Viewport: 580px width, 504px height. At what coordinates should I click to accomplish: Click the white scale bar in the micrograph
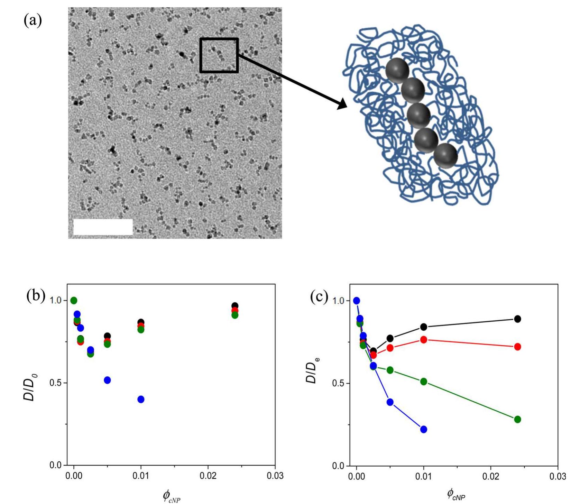pos(103,227)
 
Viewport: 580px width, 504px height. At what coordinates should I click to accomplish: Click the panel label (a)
pos(33,20)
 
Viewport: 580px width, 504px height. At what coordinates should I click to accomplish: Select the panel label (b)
pos(36,296)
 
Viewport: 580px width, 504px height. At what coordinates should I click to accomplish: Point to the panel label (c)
pos(319,296)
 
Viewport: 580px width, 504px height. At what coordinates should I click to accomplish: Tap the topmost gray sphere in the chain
pos(397,70)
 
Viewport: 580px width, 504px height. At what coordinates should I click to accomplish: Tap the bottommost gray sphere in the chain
pos(445,156)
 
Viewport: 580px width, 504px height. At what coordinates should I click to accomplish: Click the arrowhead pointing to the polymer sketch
pos(342,103)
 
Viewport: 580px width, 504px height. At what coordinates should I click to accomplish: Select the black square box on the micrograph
pos(219,55)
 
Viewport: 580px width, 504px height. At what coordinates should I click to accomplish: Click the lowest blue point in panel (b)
pos(141,399)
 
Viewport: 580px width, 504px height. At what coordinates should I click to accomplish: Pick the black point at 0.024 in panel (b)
pos(235,306)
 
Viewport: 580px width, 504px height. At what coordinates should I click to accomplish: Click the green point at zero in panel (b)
pos(74,300)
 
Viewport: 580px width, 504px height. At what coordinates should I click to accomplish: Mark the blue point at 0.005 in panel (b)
pos(107,380)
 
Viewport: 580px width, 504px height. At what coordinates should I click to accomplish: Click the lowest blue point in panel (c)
pos(424,429)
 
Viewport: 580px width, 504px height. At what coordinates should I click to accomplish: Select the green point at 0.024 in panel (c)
pos(517,419)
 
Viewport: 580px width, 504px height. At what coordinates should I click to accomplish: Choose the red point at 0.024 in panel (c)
pos(517,347)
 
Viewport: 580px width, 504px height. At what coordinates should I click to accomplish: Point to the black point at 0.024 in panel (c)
pos(517,319)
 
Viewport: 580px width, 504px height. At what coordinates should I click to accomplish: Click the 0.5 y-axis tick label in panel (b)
pos(56,383)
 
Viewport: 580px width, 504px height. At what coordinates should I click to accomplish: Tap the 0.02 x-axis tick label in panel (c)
pos(491,477)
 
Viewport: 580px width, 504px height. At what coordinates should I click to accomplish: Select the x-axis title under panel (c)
pos(456,494)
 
